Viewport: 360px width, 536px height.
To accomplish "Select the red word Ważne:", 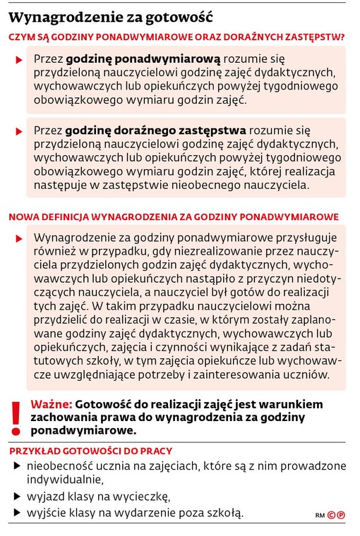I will pyautogui.click(x=51, y=404).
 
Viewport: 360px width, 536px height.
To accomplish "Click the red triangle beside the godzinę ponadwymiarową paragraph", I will pyautogui.click(x=19, y=61).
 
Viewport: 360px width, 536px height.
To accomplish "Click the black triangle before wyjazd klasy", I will pyautogui.click(x=17, y=497).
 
